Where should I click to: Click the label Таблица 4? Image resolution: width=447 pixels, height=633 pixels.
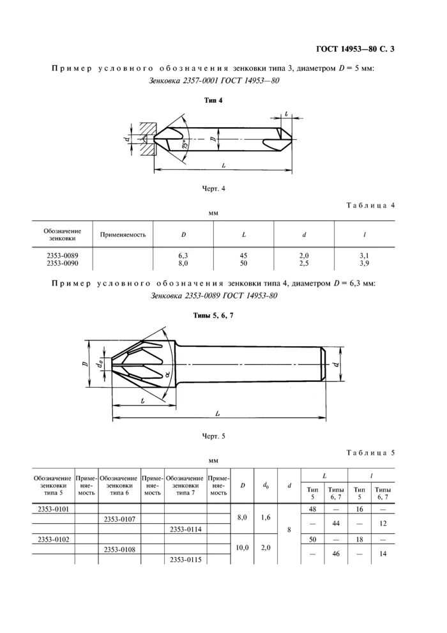pos(371,206)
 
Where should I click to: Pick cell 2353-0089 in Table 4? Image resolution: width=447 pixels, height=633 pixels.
pos(62,255)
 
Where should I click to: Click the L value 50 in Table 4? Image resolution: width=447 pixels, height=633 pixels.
pos(243,263)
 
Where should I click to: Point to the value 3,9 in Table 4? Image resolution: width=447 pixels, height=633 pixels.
pos(365,263)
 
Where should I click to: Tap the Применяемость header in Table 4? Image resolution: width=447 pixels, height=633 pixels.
pos(123,234)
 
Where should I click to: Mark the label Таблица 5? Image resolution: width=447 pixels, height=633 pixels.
pos(371,453)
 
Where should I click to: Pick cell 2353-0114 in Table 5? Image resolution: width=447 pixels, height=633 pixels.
pos(186,529)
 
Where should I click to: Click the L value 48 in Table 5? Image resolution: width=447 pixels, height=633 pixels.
pos(312,508)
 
